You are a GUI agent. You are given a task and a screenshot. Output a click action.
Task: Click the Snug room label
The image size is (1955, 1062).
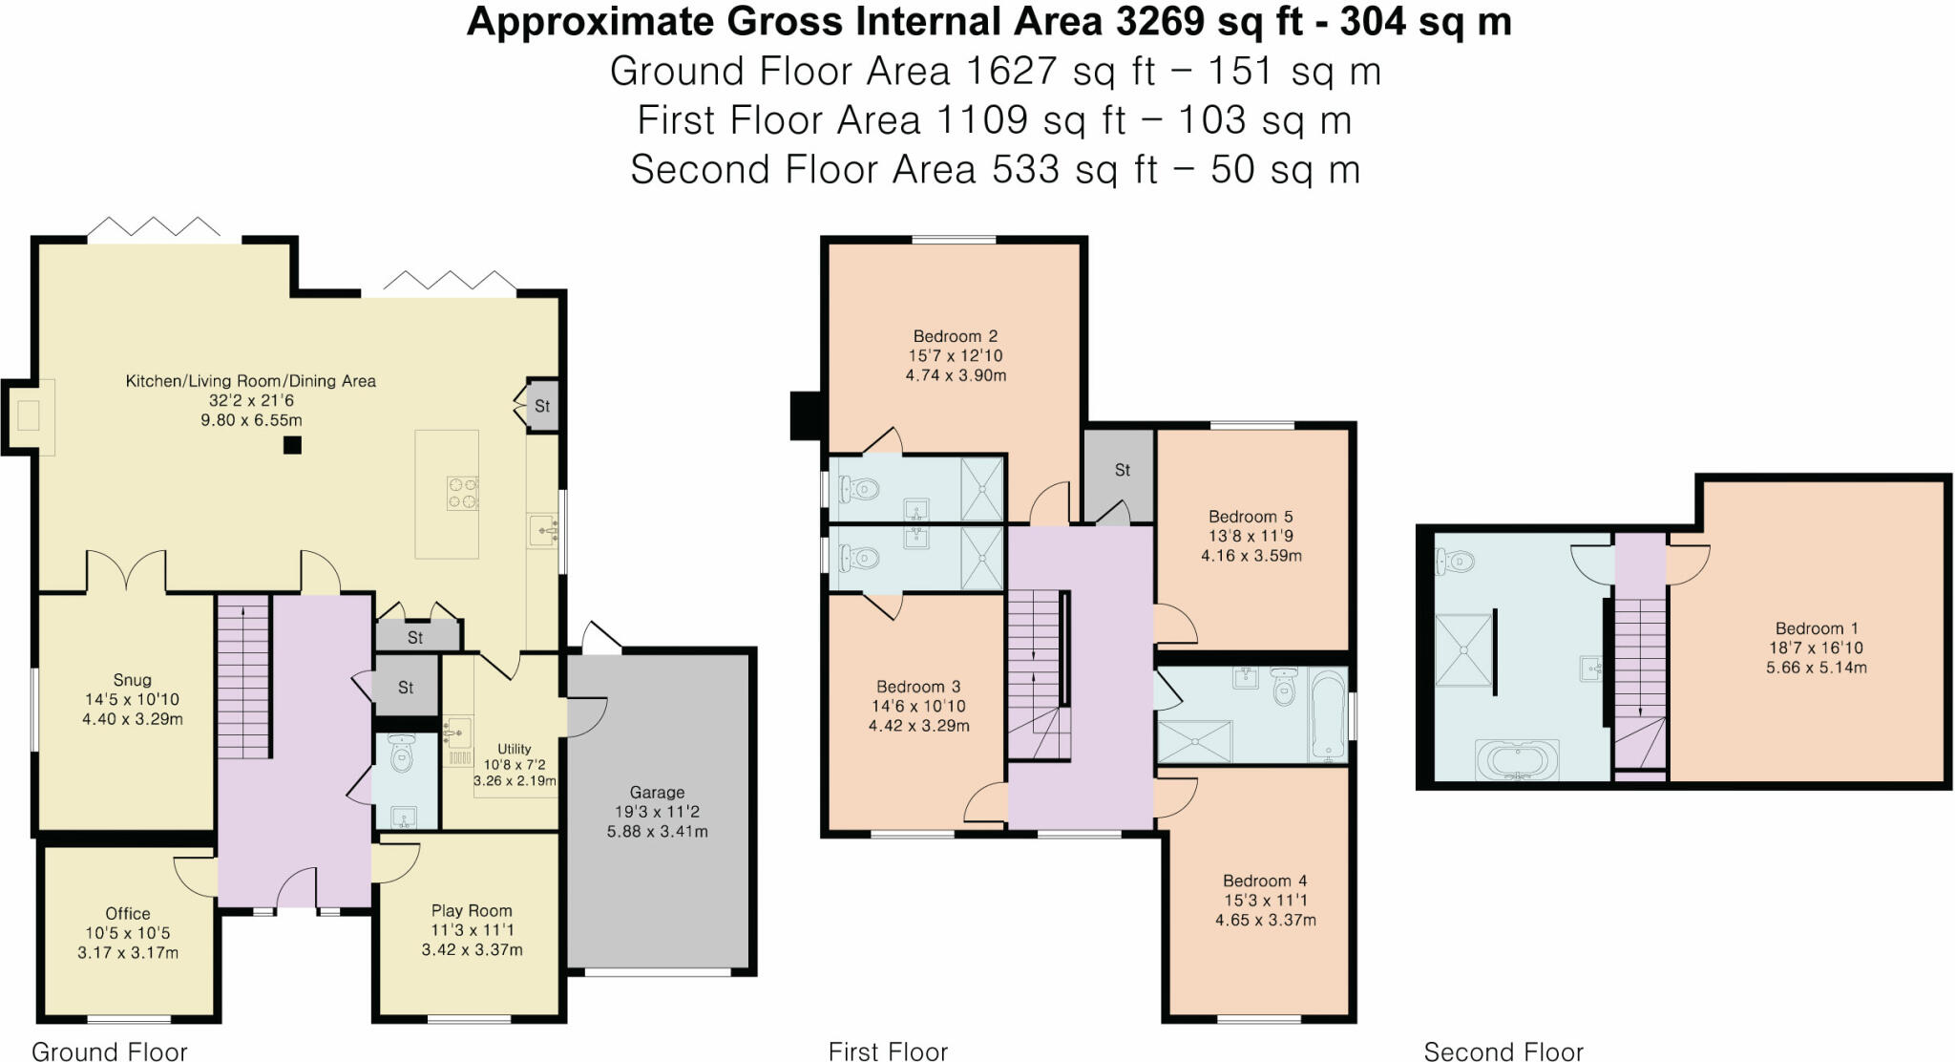pos(132,680)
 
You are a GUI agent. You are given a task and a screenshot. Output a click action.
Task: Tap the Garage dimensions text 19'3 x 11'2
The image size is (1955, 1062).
pos(657,812)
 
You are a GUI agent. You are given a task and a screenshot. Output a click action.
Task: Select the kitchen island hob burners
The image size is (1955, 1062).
pos(462,494)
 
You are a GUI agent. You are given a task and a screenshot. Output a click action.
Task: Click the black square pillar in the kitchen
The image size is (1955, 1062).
pos(292,445)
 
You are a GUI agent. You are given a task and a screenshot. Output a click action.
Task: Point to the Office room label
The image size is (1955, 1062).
pos(128,914)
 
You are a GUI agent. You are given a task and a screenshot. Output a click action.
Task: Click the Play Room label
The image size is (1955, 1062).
pos(472,911)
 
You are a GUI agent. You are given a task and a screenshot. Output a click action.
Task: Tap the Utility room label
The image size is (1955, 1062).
pos(514,749)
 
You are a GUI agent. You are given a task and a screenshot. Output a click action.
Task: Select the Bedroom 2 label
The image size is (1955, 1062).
pos(955,336)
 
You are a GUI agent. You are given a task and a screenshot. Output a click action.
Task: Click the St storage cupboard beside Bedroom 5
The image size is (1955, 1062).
pos(1122,470)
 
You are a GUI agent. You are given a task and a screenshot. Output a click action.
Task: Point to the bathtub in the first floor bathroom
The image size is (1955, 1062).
pos(1328,714)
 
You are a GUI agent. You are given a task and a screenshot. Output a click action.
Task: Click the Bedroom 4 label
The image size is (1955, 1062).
pos(1265,881)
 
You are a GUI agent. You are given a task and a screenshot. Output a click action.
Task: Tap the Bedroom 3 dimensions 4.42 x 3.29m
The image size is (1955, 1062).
pos(918,726)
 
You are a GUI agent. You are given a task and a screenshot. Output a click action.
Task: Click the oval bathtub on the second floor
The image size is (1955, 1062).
pos(1517,761)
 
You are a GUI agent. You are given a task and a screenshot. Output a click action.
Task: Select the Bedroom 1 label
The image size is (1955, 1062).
pos(1816,628)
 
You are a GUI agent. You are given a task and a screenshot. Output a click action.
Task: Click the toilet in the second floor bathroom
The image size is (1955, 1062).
pos(1456,563)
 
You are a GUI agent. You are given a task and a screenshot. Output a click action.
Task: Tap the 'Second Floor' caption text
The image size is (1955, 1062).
pos(1503,1051)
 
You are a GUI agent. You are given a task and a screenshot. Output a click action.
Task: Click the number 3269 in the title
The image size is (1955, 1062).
pos(1159,21)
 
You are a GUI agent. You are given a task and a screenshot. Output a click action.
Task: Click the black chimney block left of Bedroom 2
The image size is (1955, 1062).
pos(807,416)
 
